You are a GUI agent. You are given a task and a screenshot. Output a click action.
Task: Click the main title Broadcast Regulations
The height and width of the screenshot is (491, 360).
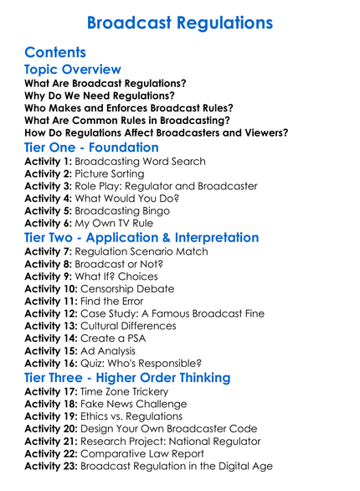pos(179,20)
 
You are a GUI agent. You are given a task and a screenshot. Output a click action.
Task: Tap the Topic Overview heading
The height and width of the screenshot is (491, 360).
pos(73,70)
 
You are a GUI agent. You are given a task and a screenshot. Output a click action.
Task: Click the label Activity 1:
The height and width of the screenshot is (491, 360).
pos(49,162)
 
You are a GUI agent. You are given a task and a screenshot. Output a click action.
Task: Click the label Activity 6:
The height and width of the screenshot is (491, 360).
pos(49,224)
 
